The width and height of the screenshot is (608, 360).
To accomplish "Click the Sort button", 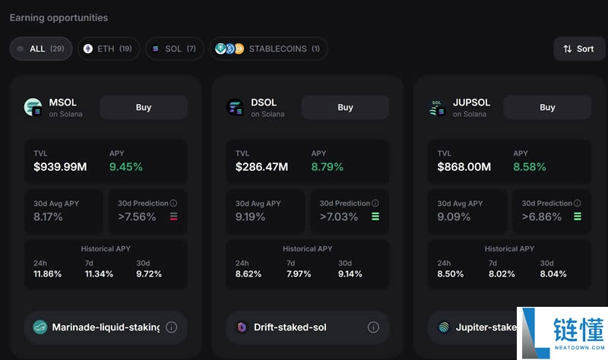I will point(579,49).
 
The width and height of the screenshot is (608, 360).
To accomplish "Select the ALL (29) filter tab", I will point(41,49).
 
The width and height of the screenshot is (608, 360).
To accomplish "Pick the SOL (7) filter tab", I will point(174,49).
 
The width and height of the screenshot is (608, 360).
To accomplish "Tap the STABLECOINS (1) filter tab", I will point(268,49).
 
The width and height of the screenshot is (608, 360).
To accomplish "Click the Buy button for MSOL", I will point(144,107).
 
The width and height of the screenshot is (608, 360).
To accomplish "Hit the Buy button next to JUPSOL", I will point(547,107).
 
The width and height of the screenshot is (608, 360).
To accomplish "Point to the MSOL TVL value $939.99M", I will point(59,167).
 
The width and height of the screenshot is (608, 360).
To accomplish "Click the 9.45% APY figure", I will point(125,167).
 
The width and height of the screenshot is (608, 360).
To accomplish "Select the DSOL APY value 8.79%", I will point(327,167).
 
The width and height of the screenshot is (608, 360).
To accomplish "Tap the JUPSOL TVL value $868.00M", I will point(464,167).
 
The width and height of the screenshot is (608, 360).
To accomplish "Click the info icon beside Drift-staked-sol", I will point(373,327).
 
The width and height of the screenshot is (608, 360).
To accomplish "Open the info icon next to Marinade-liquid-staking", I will point(171,327).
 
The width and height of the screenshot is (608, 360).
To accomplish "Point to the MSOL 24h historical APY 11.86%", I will point(48,274).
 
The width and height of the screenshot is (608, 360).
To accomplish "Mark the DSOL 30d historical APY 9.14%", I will point(351,274).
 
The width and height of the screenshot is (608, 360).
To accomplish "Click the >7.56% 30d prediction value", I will point(137,217).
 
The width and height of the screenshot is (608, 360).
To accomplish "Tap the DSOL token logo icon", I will point(235,107).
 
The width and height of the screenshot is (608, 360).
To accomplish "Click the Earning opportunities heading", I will point(59,17).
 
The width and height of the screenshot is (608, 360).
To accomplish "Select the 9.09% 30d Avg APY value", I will point(452,217).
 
